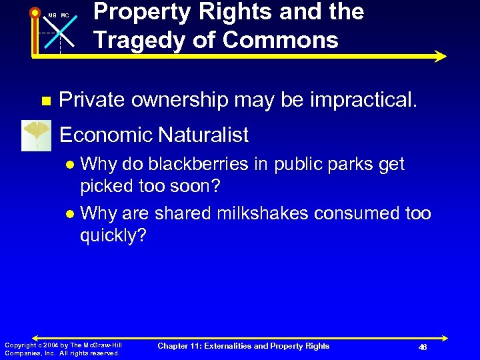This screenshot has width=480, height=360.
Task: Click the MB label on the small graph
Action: pyautogui.click(x=51, y=15)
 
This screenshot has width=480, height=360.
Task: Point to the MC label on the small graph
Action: pyautogui.click(x=65, y=15)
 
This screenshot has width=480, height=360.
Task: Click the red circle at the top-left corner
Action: pyautogui.click(x=35, y=11)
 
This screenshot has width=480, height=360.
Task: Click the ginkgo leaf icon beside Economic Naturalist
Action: pyautogui.click(x=32, y=135)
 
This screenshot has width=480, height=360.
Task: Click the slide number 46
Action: pyautogui.click(x=423, y=347)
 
